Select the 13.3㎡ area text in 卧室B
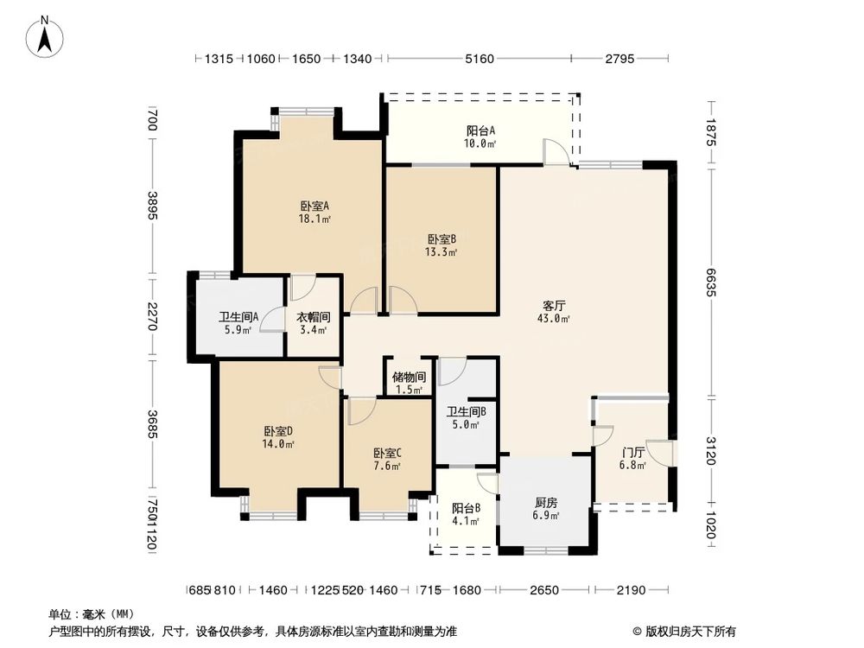point(442,253)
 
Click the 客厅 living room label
point(554,305)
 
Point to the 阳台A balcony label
point(480,130)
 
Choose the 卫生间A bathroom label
point(235,316)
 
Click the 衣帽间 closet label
point(314,316)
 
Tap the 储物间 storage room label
point(409,377)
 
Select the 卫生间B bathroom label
point(466,412)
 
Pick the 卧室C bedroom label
point(387,453)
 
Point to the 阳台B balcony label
point(466,508)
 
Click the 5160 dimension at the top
point(479,59)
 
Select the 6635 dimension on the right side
point(710,281)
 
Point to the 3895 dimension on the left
point(152,205)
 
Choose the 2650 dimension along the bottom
point(544,590)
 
